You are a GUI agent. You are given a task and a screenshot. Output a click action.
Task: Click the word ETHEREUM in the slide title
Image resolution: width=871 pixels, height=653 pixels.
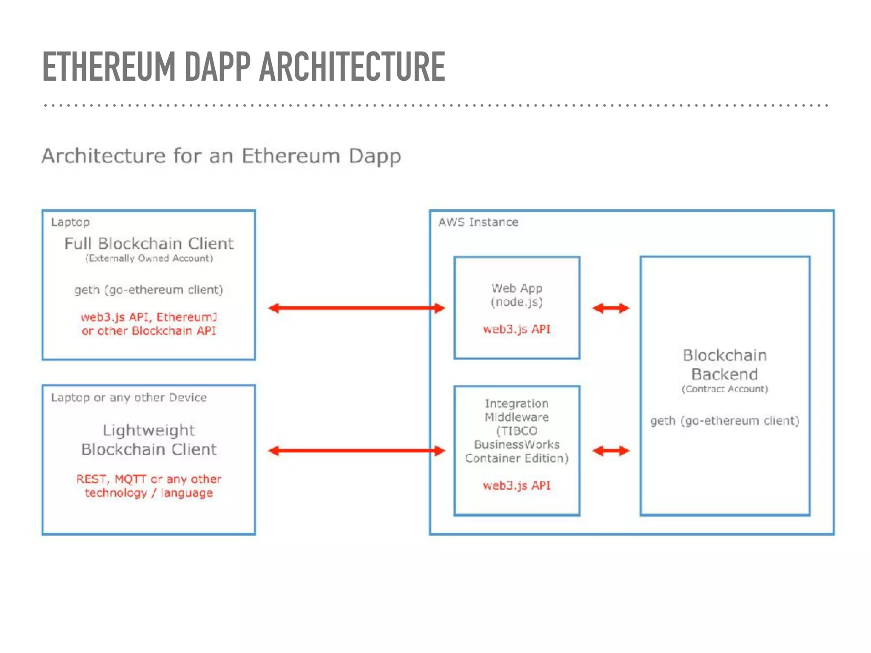[108, 67]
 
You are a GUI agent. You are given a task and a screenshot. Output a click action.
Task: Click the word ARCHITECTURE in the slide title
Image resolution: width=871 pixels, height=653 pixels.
[352, 67]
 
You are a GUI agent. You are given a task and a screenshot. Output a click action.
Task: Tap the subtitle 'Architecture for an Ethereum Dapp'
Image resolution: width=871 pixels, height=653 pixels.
[221, 156]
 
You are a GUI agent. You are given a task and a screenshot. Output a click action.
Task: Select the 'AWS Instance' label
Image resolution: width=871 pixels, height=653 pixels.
[478, 222]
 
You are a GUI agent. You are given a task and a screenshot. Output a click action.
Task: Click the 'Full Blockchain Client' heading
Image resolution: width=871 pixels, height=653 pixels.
[149, 244]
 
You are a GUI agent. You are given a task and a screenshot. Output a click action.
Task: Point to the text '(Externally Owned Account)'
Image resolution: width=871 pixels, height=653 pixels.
[149, 258]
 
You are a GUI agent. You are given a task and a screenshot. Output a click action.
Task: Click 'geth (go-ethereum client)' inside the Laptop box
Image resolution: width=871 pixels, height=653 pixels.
[149, 290]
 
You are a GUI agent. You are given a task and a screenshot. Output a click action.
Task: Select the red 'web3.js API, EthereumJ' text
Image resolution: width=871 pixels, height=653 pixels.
[149, 317]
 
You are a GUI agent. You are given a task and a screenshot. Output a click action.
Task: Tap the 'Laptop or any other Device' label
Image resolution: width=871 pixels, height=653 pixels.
[129, 397]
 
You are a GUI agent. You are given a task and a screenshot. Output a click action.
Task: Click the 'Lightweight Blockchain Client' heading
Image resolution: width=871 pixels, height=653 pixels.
[149, 440]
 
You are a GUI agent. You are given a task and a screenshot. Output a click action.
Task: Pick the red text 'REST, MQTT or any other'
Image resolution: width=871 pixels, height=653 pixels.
[149, 479]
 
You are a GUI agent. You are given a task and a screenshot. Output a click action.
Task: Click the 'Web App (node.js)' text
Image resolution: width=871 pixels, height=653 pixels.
[517, 295]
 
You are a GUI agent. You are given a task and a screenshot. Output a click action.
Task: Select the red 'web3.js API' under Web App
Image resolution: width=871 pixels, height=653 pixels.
[517, 329]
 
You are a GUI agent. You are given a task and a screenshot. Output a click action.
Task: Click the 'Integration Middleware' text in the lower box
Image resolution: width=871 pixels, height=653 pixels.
[517, 410]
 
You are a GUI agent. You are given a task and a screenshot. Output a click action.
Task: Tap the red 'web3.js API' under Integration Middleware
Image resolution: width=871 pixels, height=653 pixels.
[517, 485]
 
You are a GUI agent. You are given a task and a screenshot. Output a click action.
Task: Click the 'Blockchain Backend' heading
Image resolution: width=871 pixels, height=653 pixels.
[725, 365]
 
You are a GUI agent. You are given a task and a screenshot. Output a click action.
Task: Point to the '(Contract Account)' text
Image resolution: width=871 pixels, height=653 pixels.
[725, 389]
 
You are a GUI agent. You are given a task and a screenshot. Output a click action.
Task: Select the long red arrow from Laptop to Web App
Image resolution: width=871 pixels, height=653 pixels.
[356, 308]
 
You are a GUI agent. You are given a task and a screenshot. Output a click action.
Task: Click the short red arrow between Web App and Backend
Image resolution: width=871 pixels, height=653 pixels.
[611, 308]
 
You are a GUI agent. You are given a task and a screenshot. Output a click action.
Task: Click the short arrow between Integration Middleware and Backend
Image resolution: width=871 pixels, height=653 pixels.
[611, 451]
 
